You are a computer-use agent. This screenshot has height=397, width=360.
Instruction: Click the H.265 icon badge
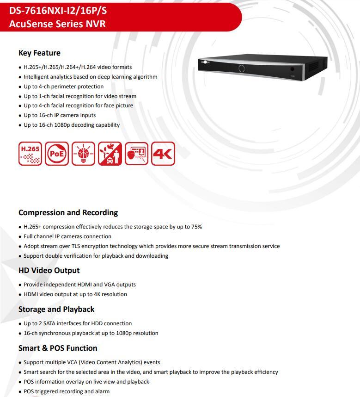[31, 154]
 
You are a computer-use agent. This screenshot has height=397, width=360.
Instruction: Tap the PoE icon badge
[57, 154]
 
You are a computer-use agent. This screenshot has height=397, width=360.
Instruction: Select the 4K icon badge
[163, 154]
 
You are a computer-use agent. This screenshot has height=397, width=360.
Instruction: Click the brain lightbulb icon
[84, 154]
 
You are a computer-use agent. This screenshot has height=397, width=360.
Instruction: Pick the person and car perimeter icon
[110, 154]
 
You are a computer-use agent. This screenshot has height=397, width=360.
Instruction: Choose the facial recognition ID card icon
[137, 154]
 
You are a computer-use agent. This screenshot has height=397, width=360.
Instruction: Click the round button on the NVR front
[241, 68]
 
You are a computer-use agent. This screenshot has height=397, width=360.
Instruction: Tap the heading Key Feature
[39, 53]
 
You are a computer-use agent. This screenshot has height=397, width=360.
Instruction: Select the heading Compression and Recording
[68, 212]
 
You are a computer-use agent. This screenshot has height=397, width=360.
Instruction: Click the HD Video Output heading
[49, 270]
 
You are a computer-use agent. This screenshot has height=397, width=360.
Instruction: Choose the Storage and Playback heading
[56, 309]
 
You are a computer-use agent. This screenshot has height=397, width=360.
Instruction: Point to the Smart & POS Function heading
[58, 348]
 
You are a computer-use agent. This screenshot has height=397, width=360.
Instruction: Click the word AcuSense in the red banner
[29, 24]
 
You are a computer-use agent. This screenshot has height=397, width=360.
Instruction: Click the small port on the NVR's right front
[292, 69]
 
